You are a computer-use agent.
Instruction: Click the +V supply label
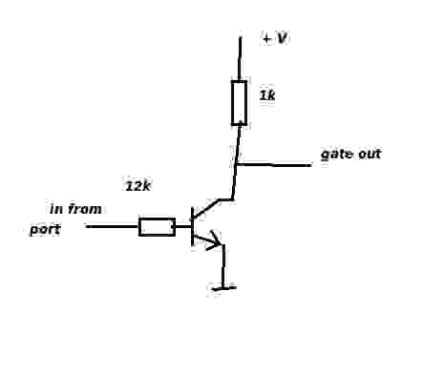point(275,38)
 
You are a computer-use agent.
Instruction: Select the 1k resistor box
point(239,103)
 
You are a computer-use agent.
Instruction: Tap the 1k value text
point(267,95)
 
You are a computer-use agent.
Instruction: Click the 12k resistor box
point(157,227)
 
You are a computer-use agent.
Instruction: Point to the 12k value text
point(137,186)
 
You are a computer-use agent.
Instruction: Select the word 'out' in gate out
point(370,154)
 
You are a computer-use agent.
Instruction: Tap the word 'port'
point(45,230)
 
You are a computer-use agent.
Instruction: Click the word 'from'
point(85,209)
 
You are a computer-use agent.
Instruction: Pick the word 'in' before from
point(56,209)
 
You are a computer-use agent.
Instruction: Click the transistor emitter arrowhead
point(215,241)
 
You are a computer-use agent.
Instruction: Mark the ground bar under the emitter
point(224,288)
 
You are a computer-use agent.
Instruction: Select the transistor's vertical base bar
point(192,226)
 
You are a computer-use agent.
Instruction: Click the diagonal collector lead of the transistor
point(206,209)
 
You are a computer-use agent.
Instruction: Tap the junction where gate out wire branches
point(236,164)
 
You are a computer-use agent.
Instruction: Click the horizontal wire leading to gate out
point(274,165)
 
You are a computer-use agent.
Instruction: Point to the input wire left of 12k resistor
point(113,226)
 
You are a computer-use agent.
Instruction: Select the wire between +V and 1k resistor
point(240,59)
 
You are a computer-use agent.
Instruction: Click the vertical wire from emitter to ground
point(223,266)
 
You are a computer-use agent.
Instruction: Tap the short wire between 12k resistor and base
point(183,226)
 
